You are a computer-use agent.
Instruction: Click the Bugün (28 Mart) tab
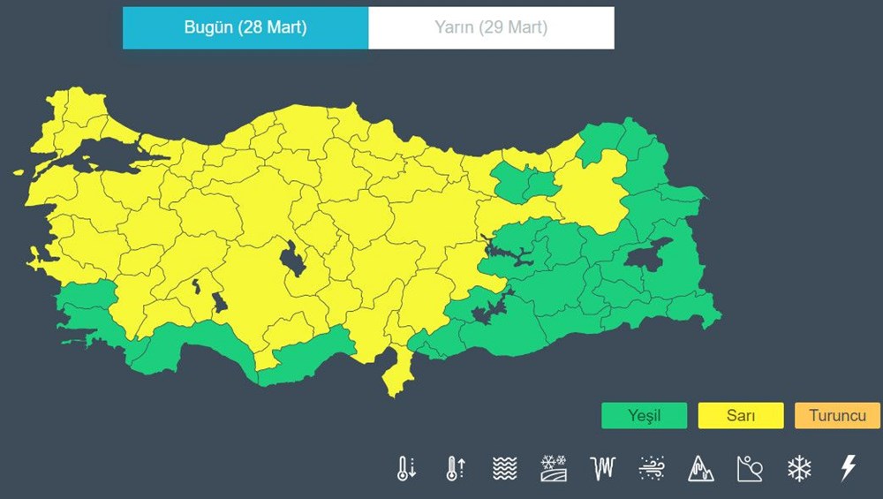(x=245, y=27)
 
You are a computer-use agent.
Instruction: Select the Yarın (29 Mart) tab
(x=491, y=27)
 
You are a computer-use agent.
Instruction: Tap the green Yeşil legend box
(x=644, y=415)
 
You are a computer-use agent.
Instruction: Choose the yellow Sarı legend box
(x=740, y=415)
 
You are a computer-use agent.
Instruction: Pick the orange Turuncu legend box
(x=836, y=415)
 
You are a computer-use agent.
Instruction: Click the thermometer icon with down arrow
(x=406, y=468)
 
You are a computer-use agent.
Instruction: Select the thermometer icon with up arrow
(x=455, y=468)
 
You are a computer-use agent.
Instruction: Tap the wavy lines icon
(x=504, y=468)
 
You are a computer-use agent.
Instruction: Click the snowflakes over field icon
(x=554, y=468)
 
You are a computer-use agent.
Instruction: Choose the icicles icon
(x=602, y=468)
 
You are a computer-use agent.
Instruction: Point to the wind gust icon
(x=652, y=468)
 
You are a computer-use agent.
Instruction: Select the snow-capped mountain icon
(x=701, y=468)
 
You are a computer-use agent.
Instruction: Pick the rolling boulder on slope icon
(x=750, y=468)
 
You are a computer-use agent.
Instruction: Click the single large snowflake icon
(x=799, y=468)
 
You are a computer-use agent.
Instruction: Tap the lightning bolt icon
(x=848, y=468)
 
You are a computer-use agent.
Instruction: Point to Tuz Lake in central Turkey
(x=291, y=261)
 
